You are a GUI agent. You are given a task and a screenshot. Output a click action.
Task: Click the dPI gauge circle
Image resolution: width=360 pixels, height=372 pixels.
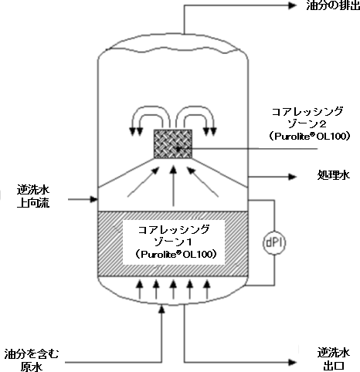274,243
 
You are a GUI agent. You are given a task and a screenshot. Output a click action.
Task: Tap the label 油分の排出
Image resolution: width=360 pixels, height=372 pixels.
333,5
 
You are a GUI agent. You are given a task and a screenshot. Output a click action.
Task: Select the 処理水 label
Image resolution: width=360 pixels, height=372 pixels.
333,175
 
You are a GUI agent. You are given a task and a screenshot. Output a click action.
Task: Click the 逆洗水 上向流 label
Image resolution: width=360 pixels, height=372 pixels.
33,197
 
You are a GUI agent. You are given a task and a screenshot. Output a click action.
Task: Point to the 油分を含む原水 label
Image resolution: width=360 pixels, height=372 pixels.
32,360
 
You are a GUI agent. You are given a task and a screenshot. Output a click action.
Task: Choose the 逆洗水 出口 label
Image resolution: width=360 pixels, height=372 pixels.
334,359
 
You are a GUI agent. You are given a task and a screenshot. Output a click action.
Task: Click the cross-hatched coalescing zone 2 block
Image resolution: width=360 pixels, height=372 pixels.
173,144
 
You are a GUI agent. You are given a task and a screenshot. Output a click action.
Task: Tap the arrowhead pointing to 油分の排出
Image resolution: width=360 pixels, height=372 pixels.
293,5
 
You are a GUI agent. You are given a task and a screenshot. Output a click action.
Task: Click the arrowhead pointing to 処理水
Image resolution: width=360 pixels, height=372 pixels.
293,177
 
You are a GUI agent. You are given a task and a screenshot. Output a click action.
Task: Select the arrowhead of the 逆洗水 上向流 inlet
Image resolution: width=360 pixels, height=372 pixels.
93,199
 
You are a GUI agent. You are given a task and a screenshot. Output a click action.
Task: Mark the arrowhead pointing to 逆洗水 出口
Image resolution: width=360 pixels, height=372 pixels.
293,362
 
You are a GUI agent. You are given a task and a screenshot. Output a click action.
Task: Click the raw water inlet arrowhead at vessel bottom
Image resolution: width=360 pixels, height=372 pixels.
161,309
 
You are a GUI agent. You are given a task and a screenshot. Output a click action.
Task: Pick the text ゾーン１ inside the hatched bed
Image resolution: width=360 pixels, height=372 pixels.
173,242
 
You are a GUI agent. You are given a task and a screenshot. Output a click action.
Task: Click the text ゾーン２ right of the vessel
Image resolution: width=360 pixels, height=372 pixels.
307,124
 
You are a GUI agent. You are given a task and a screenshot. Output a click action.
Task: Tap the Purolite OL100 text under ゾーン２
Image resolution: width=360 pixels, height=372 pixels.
310,136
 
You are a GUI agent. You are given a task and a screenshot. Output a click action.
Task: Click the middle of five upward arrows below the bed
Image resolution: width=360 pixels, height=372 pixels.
173,289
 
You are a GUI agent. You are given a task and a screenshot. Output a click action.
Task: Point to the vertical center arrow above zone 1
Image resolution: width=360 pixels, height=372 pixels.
174,185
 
